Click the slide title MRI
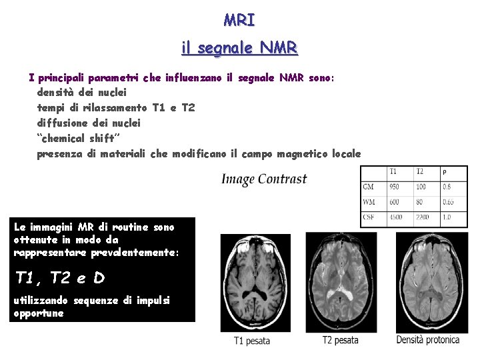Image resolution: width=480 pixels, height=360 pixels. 239,20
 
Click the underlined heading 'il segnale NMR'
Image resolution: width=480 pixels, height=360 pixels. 239,48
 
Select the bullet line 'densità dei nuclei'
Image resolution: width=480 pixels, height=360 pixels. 81,92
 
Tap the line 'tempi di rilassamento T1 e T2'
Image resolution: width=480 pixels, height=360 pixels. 116,107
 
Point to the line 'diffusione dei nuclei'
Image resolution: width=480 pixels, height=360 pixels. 89,123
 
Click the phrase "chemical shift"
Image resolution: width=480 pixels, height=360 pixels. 75,138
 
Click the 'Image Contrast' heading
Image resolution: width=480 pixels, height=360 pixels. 264,179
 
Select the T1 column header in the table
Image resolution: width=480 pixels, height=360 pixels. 394,172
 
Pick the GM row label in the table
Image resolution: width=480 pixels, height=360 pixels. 369,187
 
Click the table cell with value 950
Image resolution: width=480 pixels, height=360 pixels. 395,187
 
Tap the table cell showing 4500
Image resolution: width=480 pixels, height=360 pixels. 397,217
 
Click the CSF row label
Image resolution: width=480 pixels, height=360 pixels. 369,217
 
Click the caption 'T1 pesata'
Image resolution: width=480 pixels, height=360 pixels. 252,341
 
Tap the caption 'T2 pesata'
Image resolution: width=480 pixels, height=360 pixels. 340,340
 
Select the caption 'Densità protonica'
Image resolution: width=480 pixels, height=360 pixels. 427,340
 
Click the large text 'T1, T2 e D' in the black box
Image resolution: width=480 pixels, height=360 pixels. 60,277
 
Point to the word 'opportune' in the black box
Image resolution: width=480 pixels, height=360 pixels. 39,313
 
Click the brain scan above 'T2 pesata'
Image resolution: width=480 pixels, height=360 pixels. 341,281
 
